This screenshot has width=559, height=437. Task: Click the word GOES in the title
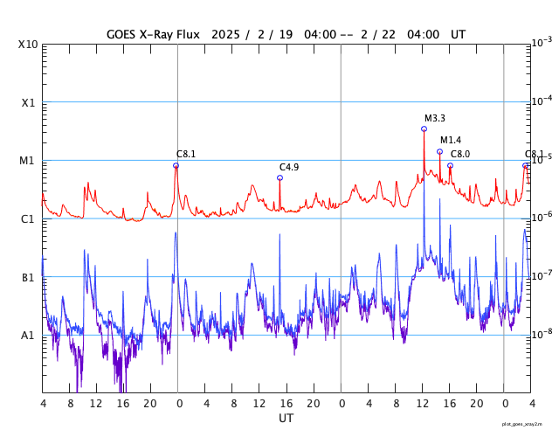pyautogui.click(x=124, y=34)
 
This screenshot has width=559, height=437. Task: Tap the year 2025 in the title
pyautogui.click(x=226, y=34)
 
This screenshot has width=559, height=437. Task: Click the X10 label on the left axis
pyautogui.click(x=28, y=44)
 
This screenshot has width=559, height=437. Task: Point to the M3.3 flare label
pyautogui.click(x=435, y=119)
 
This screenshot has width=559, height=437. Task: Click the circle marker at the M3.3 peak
pyautogui.click(x=424, y=128)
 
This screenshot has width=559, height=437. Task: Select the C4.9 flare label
pyautogui.click(x=289, y=167)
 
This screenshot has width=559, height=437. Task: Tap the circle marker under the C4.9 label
pyautogui.click(x=279, y=177)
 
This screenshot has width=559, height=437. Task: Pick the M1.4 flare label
pyautogui.click(x=451, y=140)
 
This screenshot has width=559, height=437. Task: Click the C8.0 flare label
pyautogui.click(x=460, y=154)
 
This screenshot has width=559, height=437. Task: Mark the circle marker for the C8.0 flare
pyautogui.click(x=450, y=165)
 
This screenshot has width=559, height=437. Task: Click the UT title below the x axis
pyautogui.click(x=286, y=419)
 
